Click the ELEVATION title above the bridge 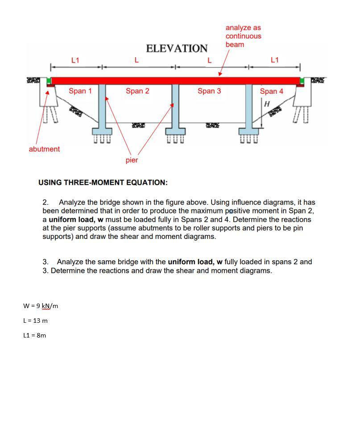177,48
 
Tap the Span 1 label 80,91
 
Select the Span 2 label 137,91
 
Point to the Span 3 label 209,91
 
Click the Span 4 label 271,92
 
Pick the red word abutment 44,149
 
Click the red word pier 132,160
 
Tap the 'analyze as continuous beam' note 243,36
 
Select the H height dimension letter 267,104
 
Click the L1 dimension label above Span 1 75,60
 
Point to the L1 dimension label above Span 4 275,60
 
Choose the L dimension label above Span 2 137,60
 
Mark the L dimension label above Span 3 209,60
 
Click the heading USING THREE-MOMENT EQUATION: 103,183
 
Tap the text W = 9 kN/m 41,306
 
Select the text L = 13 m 35,321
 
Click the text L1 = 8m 34,335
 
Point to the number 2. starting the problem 45,202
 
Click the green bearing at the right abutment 302,81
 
